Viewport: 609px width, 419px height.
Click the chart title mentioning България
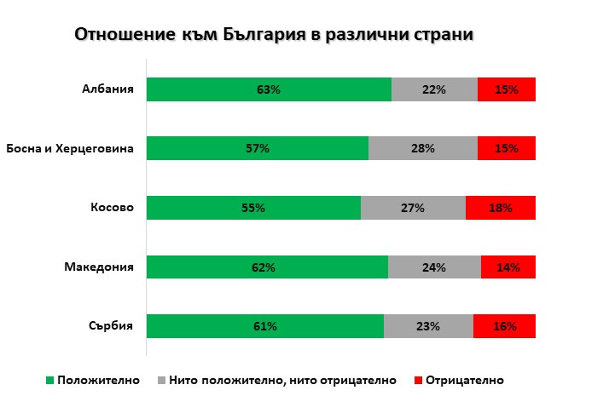(274, 35)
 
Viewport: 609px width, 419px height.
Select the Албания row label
(107, 89)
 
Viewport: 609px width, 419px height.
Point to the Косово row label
(112, 207)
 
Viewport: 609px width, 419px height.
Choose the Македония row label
(99, 267)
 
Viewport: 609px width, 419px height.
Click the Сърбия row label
(111, 326)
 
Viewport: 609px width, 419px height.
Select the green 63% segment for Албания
(269, 89)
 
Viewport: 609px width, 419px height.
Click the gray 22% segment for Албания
(434, 89)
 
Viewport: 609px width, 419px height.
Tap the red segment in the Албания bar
(507, 89)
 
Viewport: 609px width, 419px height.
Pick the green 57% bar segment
(257, 148)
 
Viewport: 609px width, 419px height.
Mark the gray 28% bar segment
(423, 148)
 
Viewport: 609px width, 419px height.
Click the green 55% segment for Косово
(253, 208)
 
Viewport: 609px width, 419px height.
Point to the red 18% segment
(501, 208)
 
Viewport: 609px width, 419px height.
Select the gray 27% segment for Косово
(413, 208)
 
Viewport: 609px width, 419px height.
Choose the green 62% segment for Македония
(267, 267)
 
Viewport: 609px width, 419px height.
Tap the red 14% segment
(508, 267)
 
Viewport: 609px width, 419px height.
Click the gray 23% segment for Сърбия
(428, 326)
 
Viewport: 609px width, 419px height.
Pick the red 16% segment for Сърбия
(504, 326)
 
